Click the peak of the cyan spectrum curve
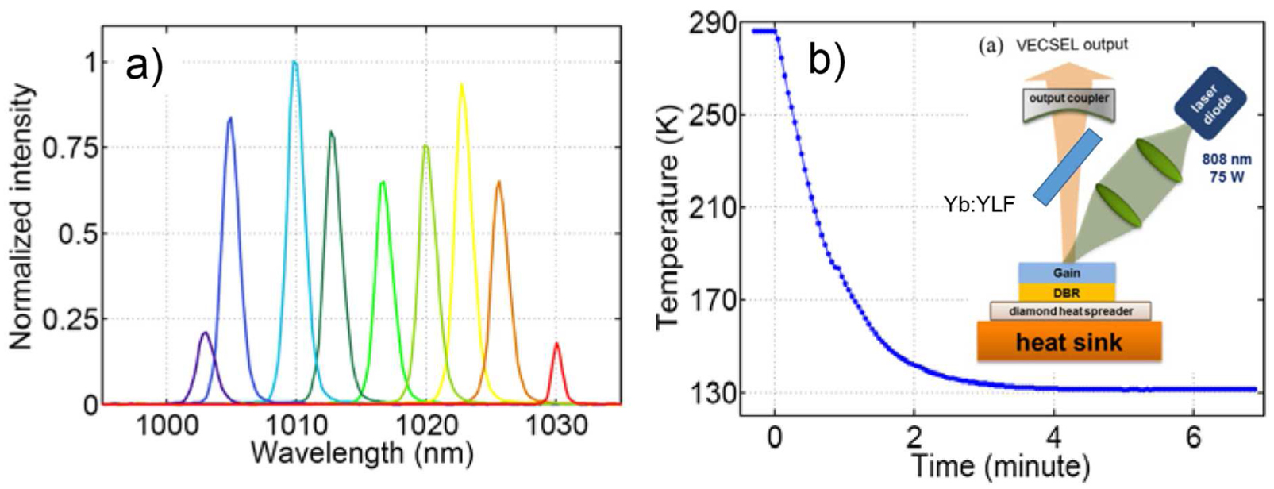(294, 63)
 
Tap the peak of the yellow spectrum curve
(461, 86)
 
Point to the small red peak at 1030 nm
(556, 345)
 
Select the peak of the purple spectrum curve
(205, 333)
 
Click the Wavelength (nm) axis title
(362, 454)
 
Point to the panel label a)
(144, 66)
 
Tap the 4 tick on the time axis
(1053, 438)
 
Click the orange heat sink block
(1069, 341)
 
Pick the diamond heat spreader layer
(1069, 311)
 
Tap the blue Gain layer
(1067, 273)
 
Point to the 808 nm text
(1226, 160)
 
